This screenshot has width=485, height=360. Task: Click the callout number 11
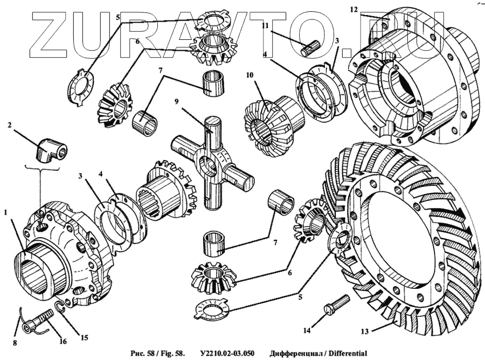click(x=265, y=25)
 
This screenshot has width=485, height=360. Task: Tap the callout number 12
click(x=354, y=10)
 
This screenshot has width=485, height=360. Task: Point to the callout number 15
click(x=84, y=338)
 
